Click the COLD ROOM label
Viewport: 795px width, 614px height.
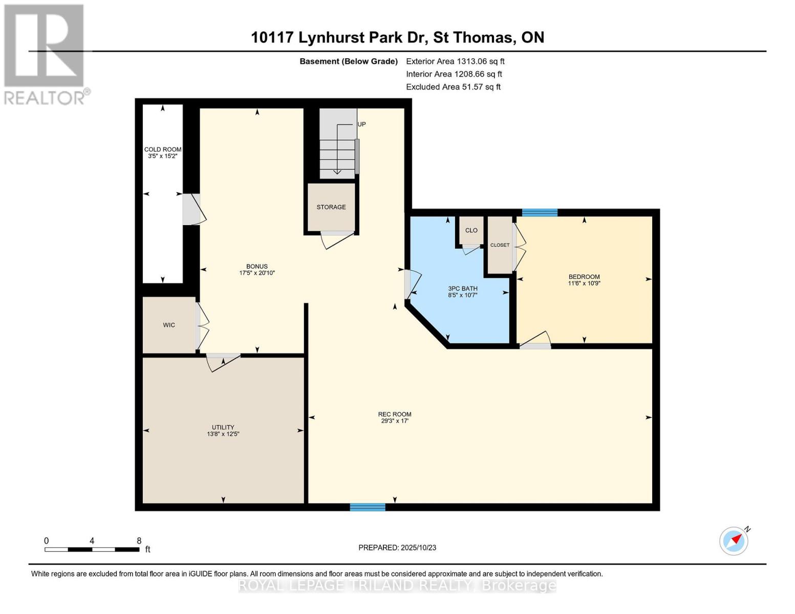pyautogui.click(x=163, y=149)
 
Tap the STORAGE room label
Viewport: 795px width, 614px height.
pyautogui.click(x=331, y=207)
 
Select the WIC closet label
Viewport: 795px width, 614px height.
pyautogui.click(x=169, y=325)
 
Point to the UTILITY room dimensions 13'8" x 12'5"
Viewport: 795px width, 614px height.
pyautogui.click(x=223, y=434)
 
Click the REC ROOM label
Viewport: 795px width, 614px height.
pyautogui.click(x=395, y=414)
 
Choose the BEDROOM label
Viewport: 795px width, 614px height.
pyautogui.click(x=584, y=277)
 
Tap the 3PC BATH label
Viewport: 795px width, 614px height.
pyautogui.click(x=463, y=289)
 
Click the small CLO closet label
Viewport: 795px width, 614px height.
pyautogui.click(x=471, y=230)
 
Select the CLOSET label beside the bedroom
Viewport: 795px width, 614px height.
pyautogui.click(x=500, y=245)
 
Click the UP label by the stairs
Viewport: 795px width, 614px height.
pyautogui.click(x=361, y=124)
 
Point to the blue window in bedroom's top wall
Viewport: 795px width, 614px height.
pyautogui.click(x=540, y=213)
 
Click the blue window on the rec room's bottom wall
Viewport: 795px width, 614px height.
pyautogui.click(x=368, y=507)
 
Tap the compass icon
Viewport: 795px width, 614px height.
pyautogui.click(x=734, y=541)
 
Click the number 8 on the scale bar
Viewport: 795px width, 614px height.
pyautogui.click(x=139, y=541)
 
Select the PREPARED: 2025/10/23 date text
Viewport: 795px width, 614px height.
pyautogui.click(x=397, y=547)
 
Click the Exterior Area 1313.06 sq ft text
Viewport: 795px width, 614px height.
pyautogui.click(x=455, y=61)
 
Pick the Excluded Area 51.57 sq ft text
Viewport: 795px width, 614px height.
pyautogui.click(x=453, y=87)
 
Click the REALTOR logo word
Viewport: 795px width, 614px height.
pyautogui.click(x=45, y=97)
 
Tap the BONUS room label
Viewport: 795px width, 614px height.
pyautogui.click(x=257, y=266)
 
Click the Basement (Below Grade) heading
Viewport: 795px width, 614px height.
pyautogui.click(x=349, y=61)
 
